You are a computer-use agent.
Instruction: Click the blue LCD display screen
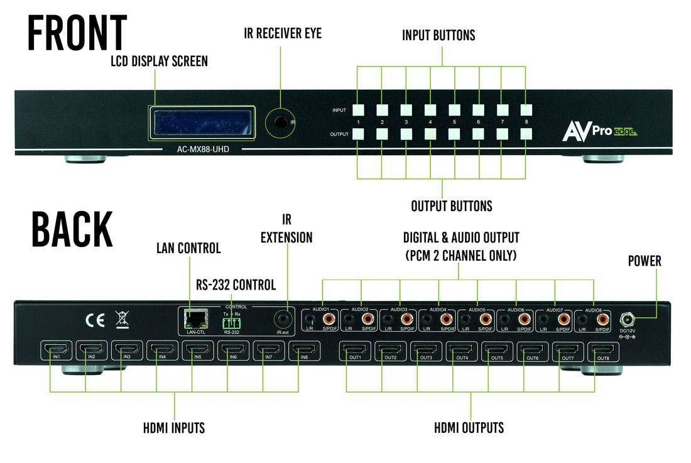click(200, 123)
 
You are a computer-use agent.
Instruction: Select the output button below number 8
click(526, 134)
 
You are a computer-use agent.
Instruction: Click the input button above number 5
click(454, 110)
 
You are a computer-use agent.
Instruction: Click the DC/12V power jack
click(626, 319)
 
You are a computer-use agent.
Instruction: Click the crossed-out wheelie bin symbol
click(122, 319)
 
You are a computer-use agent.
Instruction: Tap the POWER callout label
click(645, 261)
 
